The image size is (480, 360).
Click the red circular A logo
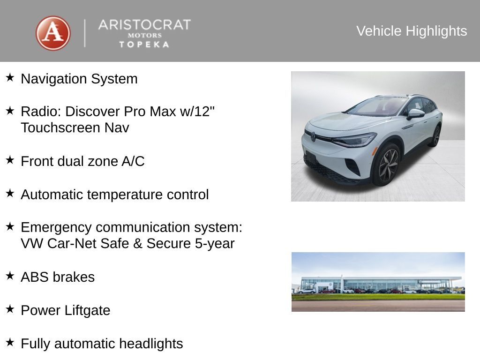[53, 33]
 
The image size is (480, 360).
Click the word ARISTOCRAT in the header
[144, 25]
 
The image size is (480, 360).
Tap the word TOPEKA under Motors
[144, 45]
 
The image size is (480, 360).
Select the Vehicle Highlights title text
[412, 31]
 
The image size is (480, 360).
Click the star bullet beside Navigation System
[10, 77]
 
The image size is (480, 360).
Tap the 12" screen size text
[206, 112]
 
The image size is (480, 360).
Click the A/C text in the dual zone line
[133, 161]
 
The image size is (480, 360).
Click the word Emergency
[56, 227]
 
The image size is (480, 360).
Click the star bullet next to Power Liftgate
[10, 309]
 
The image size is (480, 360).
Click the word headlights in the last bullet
[150, 344]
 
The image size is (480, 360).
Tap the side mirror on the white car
[415, 113]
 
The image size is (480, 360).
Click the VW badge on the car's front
[313, 136]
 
